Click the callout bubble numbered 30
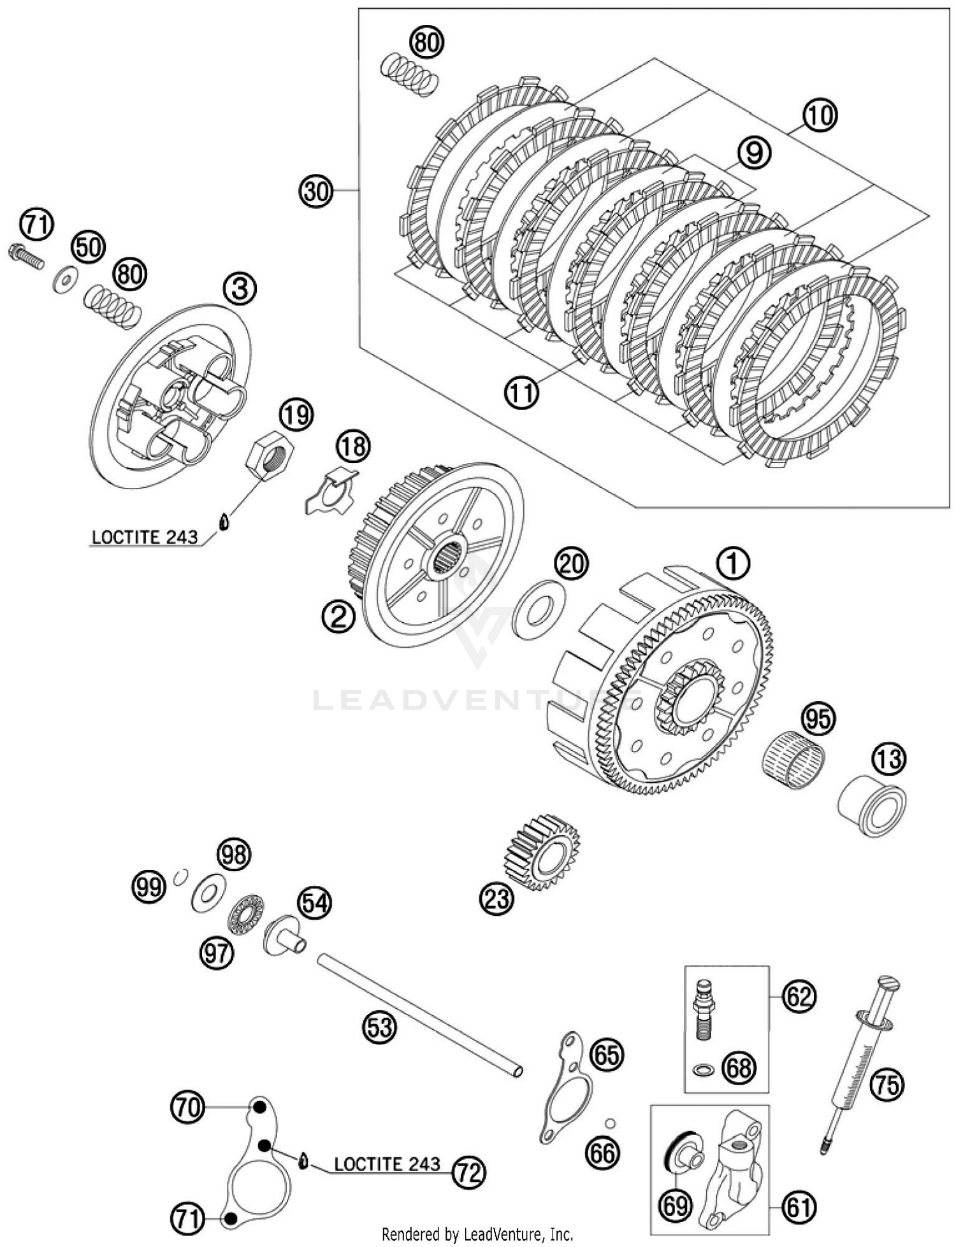[x=316, y=190]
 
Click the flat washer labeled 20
[x=539, y=609]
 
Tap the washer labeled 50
[x=65, y=279]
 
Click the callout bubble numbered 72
[x=468, y=1171]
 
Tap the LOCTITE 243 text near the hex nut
[x=145, y=537]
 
